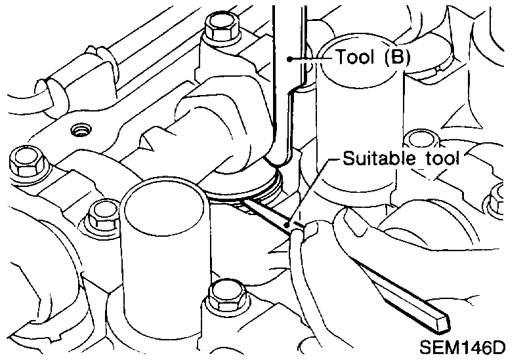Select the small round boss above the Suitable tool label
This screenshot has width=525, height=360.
(x=416, y=138)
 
